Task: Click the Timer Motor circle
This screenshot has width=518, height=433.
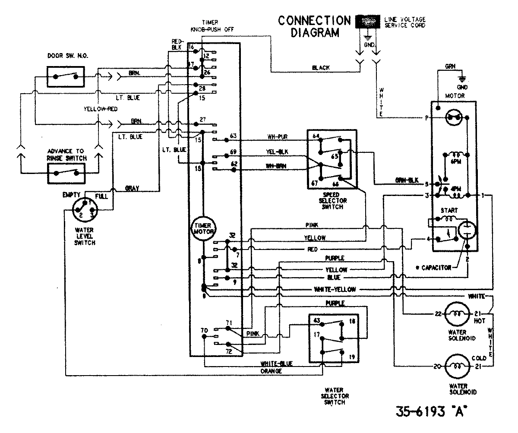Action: (202, 229)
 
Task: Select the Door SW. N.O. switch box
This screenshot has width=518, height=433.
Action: (65, 76)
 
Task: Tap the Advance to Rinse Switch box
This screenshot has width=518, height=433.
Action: (65, 173)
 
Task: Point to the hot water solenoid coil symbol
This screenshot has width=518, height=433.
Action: (456, 314)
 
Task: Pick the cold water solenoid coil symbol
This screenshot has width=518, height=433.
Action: (456, 367)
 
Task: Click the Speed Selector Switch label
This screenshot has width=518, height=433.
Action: (331, 201)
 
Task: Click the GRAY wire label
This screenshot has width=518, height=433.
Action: (132, 188)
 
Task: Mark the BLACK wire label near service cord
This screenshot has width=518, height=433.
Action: (320, 68)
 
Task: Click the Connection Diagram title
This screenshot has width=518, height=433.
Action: (314, 26)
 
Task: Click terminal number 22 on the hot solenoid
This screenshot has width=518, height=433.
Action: (438, 314)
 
